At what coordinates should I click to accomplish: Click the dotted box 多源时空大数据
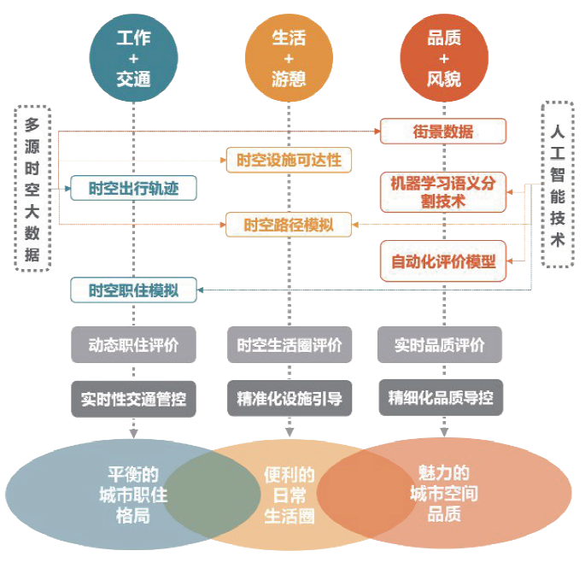(x=33, y=188)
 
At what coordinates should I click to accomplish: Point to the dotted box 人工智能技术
(x=558, y=185)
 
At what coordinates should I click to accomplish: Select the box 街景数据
(x=443, y=132)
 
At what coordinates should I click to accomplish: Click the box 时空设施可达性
(x=289, y=160)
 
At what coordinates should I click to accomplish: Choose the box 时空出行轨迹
(x=133, y=188)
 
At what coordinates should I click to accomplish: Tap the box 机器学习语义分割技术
(x=443, y=192)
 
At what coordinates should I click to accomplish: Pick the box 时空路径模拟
(x=289, y=226)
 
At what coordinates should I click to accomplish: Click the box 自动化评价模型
(x=443, y=261)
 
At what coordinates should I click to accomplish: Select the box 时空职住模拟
(x=133, y=290)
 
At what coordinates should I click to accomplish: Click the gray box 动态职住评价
(x=133, y=345)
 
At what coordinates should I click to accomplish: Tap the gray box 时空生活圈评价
(x=289, y=345)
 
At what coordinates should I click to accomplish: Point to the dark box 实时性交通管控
(x=133, y=398)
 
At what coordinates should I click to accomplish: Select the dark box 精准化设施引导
(x=289, y=398)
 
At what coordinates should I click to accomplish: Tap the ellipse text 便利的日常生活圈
(x=289, y=495)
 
